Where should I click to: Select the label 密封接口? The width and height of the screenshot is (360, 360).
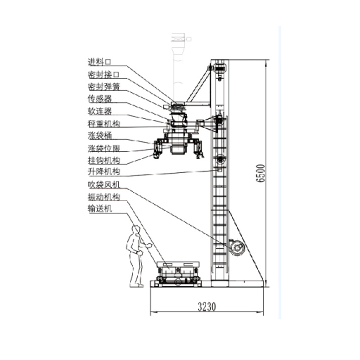tap(103, 74)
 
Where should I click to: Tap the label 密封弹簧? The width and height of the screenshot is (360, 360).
tap(103, 86)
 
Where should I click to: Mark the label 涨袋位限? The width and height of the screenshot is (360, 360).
tap(103, 148)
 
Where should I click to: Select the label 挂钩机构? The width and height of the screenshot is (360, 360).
tap(103, 160)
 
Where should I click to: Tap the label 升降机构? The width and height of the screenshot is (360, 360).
tap(103, 171)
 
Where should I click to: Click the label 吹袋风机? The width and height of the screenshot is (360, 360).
tap(103, 184)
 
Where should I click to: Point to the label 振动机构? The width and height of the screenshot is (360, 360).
tap(103, 197)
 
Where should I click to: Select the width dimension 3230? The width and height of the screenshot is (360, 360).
tap(207, 307)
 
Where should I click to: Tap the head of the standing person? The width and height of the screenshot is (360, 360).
tap(135, 229)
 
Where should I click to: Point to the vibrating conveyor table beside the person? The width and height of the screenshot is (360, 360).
tap(177, 273)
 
